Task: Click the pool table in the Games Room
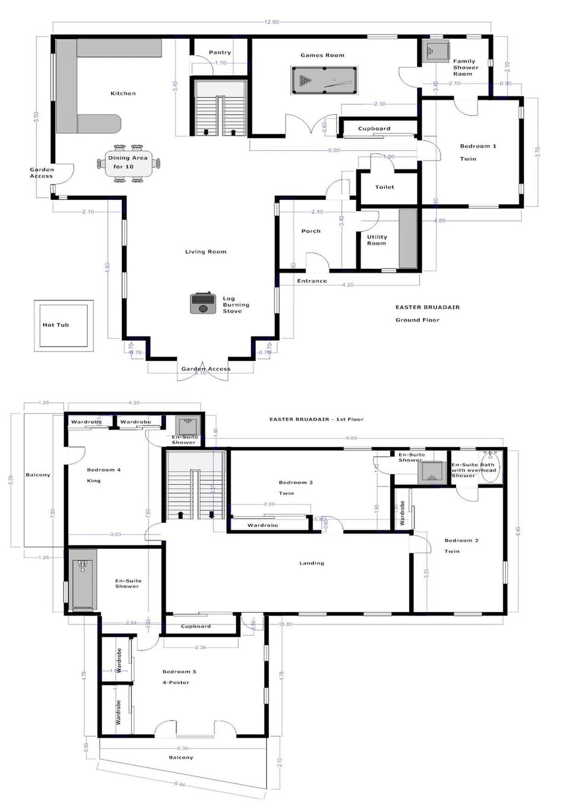[x=324, y=80]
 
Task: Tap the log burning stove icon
[x=202, y=303]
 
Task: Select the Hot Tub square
[x=63, y=325]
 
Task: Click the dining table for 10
[x=129, y=162]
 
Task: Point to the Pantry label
[x=220, y=52]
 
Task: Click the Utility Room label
[x=376, y=240]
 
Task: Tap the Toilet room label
[x=384, y=187]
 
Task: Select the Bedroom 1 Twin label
[x=477, y=152]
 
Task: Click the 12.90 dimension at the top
[x=271, y=22]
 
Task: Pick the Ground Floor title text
[x=417, y=320]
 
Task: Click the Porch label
[x=311, y=231]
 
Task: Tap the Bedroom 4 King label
[x=103, y=475]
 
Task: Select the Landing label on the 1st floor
[x=311, y=563]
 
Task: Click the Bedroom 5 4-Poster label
[x=179, y=677]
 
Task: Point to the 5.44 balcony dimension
[x=180, y=784]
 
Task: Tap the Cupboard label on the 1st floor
[x=195, y=626]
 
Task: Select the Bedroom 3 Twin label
[x=295, y=487]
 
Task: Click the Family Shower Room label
[x=465, y=67]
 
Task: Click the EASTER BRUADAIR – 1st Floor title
[x=316, y=419]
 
